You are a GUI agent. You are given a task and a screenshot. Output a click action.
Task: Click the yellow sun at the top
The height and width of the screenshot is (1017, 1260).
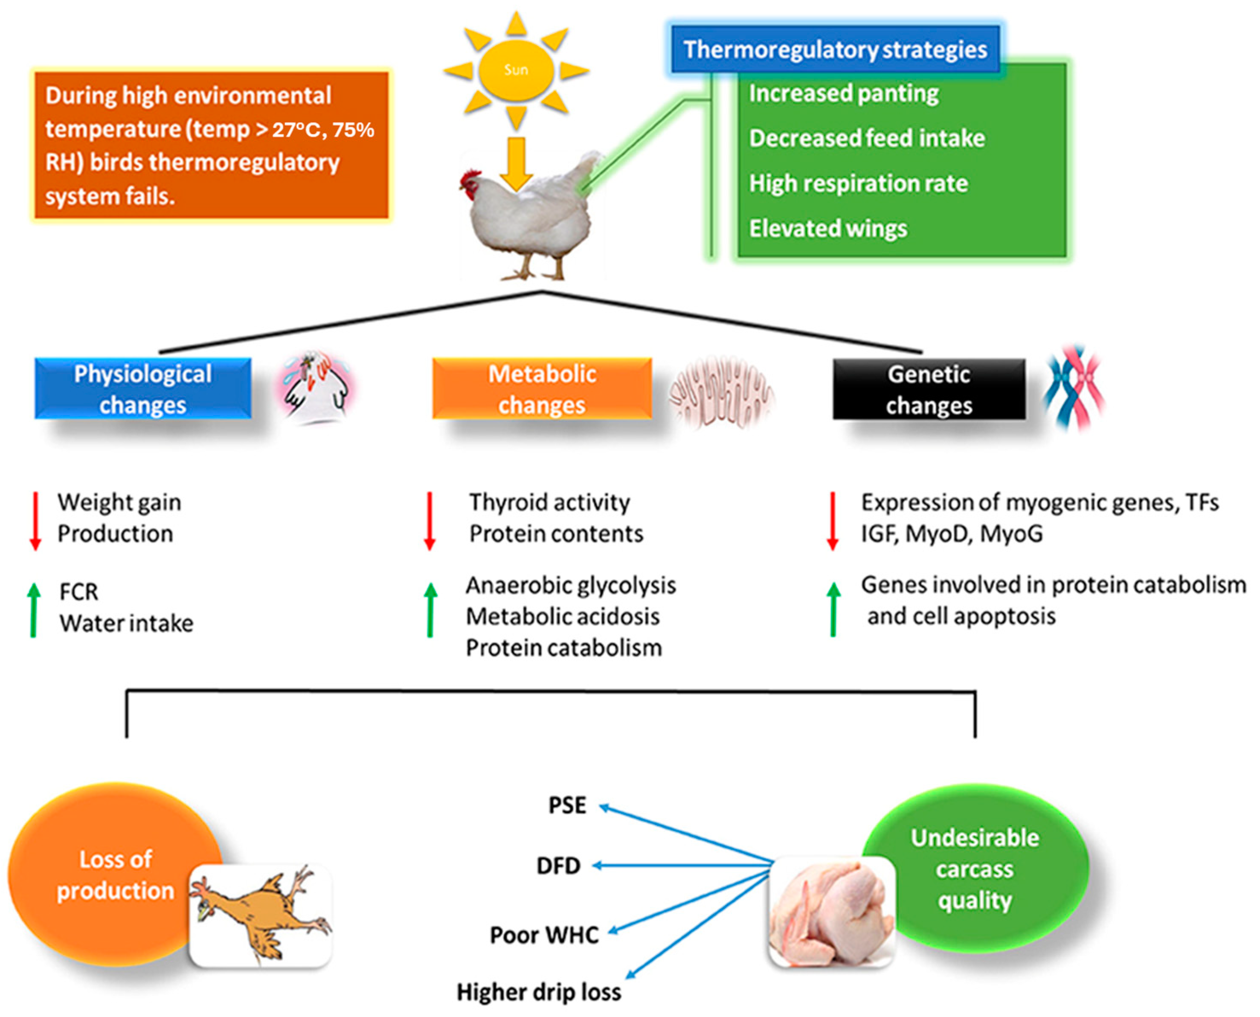[x=516, y=70]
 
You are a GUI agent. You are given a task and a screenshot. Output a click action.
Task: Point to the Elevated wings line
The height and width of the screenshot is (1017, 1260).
[x=827, y=229]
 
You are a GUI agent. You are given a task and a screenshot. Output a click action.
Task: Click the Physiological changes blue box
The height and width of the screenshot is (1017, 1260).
[x=143, y=389]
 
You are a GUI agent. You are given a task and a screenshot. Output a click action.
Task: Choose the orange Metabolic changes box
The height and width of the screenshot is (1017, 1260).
[x=542, y=389]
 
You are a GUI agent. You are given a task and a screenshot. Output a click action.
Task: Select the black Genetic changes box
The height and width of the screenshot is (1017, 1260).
[x=929, y=389]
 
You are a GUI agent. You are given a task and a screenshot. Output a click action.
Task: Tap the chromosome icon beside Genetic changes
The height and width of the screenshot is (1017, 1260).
[x=1074, y=388]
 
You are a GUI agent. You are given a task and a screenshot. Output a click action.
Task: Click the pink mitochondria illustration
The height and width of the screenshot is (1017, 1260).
[x=722, y=391]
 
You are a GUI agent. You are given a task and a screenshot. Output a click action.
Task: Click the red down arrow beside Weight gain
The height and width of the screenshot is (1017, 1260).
[x=35, y=521]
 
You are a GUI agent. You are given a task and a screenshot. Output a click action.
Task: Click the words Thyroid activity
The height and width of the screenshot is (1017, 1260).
[x=549, y=503]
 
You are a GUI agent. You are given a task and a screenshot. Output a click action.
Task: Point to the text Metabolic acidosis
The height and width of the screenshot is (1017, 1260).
[x=562, y=616]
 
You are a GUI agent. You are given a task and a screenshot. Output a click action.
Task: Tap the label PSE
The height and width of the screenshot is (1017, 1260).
[x=567, y=805]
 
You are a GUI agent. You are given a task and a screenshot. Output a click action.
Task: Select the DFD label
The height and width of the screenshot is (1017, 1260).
[x=558, y=866]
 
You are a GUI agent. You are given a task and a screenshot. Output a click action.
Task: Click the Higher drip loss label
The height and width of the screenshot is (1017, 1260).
[x=539, y=992]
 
